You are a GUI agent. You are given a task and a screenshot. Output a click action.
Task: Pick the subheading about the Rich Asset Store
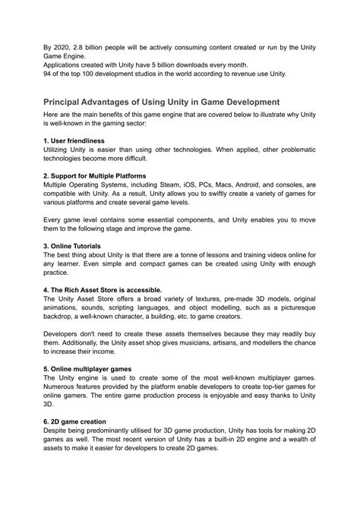[x=103, y=290]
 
